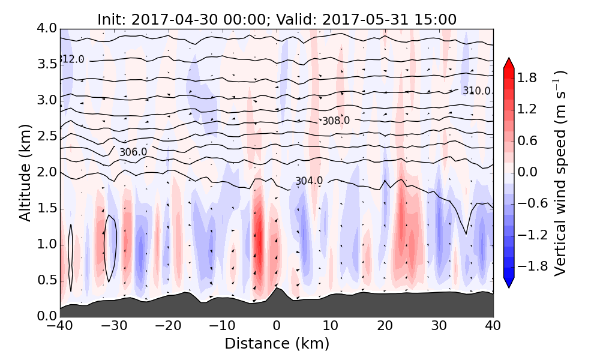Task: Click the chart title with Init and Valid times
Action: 277,19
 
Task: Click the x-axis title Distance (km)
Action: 277,344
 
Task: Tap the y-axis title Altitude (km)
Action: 25,172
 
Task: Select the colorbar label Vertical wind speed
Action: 560,173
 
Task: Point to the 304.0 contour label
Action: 308,181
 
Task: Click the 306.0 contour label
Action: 133,152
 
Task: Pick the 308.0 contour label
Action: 335,121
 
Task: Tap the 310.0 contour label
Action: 476,91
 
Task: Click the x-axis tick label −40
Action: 60,326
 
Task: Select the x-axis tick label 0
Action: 277,326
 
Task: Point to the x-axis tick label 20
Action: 385,326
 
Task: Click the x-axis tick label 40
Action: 493,326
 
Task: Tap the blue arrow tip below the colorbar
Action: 508,284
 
